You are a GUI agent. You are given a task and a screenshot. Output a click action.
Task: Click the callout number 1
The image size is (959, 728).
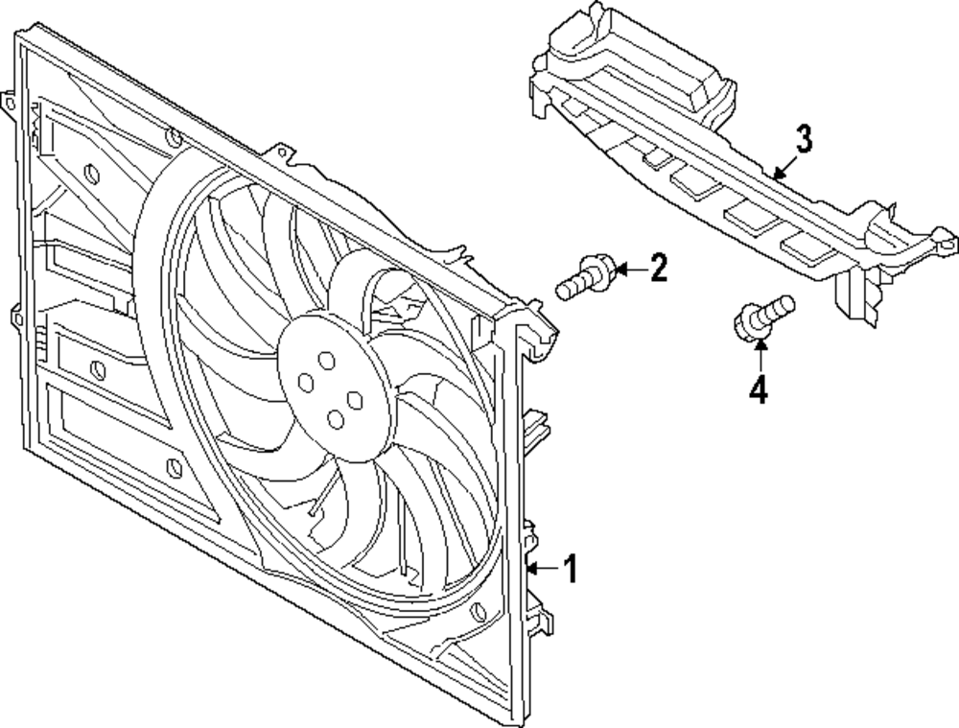coord(570,569)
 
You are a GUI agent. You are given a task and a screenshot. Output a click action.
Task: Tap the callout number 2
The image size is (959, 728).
coord(658,268)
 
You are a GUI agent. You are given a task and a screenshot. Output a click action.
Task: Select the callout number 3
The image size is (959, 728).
coord(805,139)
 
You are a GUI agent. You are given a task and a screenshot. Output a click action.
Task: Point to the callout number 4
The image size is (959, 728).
coord(759,389)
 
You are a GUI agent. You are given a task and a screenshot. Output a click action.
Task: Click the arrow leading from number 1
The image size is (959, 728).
coord(543,569)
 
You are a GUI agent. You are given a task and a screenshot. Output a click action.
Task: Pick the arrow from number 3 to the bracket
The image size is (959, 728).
coord(785,165)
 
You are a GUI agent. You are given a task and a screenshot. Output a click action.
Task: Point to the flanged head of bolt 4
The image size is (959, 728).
coord(747,323)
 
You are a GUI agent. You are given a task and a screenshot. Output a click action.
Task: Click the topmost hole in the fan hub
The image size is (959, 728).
coord(327,361)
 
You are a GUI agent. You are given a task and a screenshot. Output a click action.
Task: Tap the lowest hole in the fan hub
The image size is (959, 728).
coord(335,419)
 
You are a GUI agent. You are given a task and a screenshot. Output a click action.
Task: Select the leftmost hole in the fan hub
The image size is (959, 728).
coord(306,383)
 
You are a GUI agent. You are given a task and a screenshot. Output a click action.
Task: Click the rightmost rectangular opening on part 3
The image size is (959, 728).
coord(807,247)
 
